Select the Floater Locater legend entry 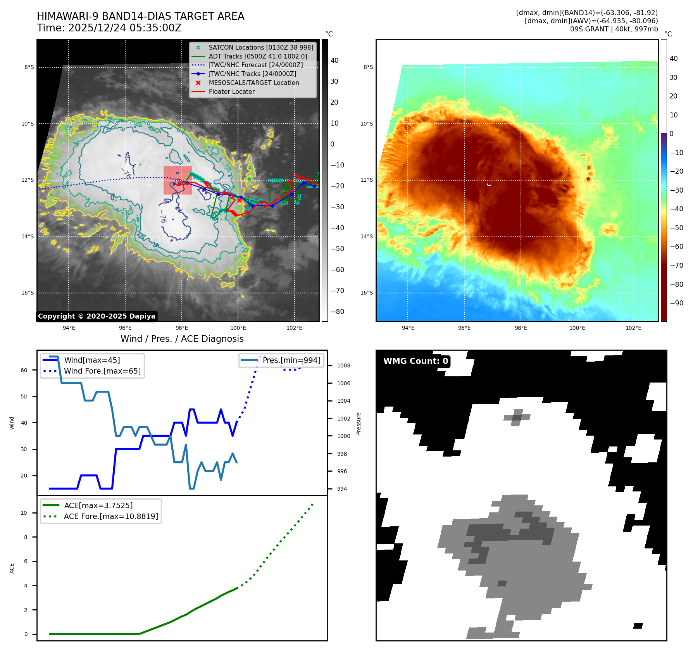pos(231,92)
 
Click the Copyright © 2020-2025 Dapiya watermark pos(97,316)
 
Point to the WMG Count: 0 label pos(415,361)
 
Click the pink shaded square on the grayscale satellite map pos(178,180)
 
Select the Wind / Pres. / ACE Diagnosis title pos(182,339)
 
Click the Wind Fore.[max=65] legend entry pos(102,371)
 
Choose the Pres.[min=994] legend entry pos(291,360)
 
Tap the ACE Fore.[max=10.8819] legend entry pos(111,516)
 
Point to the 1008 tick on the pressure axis pos(343,365)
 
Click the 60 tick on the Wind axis pos(24,370)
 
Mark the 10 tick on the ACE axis pos(24,513)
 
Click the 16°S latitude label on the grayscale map pos(28,293)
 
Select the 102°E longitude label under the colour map pos(633,328)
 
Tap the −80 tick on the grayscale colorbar pos(337,312)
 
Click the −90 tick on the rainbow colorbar pos(676,303)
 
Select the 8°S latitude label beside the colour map pos(368,67)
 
